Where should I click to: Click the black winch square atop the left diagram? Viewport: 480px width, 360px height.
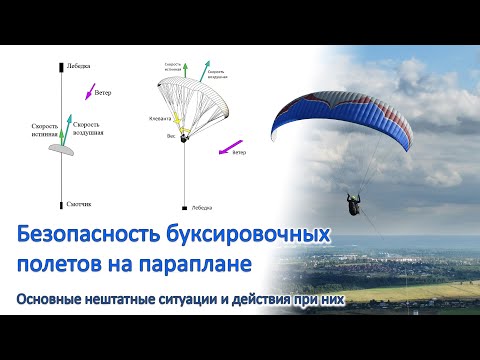[x=59, y=67]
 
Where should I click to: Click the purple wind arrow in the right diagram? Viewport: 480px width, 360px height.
[x=225, y=146]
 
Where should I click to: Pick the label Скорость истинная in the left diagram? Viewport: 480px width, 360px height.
[x=45, y=129]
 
